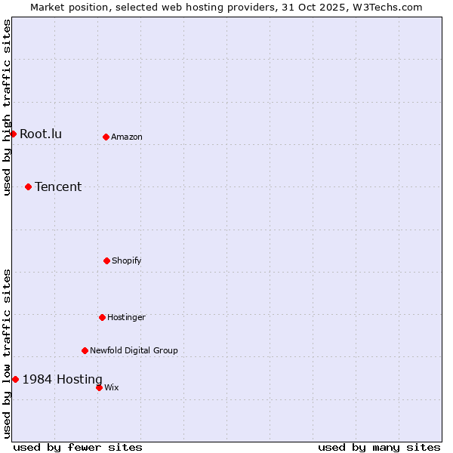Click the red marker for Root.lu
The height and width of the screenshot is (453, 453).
click(x=13, y=134)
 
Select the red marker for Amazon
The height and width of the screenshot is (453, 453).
click(x=106, y=137)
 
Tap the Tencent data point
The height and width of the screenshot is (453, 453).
click(x=28, y=186)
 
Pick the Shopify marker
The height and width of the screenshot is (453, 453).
click(x=106, y=260)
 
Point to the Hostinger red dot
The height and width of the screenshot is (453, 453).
click(x=102, y=317)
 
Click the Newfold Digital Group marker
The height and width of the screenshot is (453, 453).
click(x=85, y=350)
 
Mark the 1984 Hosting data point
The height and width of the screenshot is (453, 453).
click(x=15, y=379)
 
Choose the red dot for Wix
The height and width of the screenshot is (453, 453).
click(x=99, y=387)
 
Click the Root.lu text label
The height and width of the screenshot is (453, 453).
click(x=41, y=134)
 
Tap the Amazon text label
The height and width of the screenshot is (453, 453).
click(x=127, y=137)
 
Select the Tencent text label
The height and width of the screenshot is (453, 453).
click(x=58, y=187)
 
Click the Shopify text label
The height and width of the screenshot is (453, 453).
click(x=127, y=261)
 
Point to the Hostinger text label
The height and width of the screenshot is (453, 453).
click(x=126, y=318)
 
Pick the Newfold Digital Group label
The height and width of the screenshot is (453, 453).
click(x=134, y=351)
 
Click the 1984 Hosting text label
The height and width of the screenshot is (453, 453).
click(x=62, y=380)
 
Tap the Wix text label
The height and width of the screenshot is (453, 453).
click(x=112, y=388)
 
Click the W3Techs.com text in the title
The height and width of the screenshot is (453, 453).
click(x=385, y=7)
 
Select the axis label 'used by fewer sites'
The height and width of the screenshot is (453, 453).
click(x=78, y=447)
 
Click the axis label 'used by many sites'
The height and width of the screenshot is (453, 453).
click(x=379, y=447)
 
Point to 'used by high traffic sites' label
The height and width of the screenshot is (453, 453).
click(x=7, y=108)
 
